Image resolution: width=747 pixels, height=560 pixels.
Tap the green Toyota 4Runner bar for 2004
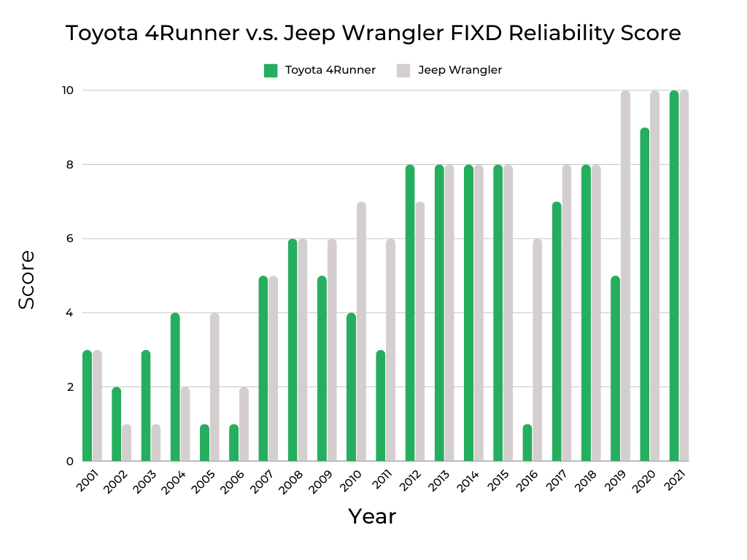(175, 387)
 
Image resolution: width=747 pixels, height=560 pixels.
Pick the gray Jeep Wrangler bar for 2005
(214, 387)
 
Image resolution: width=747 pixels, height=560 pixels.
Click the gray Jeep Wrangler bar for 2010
(361, 332)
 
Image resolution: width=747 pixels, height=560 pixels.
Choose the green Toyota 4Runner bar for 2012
(410, 313)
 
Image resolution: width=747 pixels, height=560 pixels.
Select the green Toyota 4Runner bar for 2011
(380, 405)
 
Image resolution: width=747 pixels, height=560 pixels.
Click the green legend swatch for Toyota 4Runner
(271, 71)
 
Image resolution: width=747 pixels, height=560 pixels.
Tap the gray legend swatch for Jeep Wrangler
(403, 71)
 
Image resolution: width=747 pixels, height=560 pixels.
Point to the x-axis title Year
(372, 516)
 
